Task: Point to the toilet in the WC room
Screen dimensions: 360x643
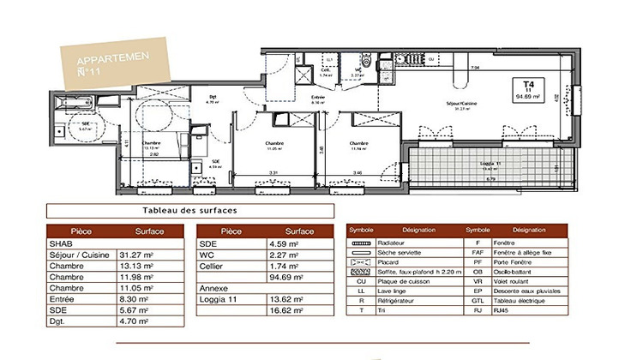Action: (366, 62)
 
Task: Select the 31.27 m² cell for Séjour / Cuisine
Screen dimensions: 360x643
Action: (136, 254)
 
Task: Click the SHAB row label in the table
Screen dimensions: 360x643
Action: (61, 243)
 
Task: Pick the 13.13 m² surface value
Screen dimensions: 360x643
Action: (136, 266)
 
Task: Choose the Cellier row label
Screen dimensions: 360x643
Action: (213, 266)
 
